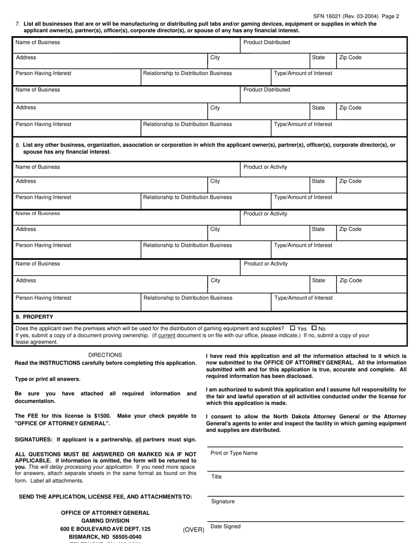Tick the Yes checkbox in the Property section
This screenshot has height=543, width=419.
coord(292,328)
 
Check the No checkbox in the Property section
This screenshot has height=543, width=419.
coord(314,328)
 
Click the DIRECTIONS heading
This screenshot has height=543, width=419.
coord(105,355)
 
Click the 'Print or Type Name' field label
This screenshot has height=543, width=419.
coord(234,453)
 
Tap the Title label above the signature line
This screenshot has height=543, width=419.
coord(216,477)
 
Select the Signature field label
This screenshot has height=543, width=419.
coord(223,502)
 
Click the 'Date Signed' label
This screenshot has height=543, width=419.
coord(225,527)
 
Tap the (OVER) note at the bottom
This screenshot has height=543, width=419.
coord(194,530)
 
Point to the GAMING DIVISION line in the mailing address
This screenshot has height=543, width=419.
coord(105,521)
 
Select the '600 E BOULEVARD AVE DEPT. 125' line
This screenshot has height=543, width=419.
coord(105,529)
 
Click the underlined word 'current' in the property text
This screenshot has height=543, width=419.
coord(167,336)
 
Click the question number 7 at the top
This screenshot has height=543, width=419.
coord(17,24)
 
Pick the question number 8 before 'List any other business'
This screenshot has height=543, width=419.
coord(17,145)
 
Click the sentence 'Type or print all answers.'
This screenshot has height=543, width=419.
coord(48,379)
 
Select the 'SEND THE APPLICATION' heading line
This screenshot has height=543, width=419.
coord(105,497)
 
